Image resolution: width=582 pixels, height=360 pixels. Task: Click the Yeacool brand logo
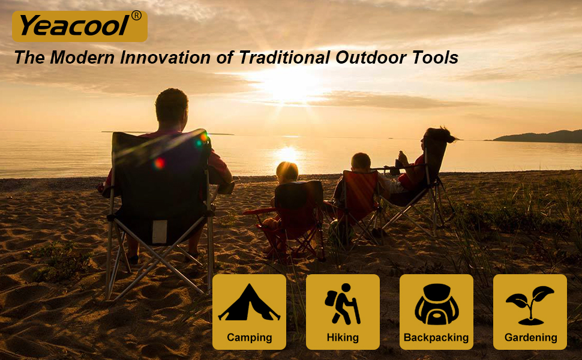pyautogui.click(x=79, y=26)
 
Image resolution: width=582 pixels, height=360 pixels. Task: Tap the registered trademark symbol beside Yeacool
pyautogui.click(x=136, y=16)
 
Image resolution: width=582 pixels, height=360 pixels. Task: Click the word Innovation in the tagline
pyautogui.click(x=166, y=58)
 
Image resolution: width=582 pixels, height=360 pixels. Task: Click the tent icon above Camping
pyautogui.click(x=249, y=302)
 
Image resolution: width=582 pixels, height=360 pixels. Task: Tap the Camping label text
pyautogui.click(x=250, y=337)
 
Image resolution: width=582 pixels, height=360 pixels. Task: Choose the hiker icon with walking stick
pyautogui.click(x=342, y=304)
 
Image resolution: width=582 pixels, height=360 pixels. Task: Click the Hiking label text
pyautogui.click(x=343, y=337)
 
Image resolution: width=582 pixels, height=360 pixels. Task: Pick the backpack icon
pyautogui.click(x=437, y=304)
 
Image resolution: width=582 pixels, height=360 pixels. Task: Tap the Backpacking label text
pyautogui.click(x=436, y=337)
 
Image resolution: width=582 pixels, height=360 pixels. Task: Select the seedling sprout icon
pyautogui.click(x=530, y=305)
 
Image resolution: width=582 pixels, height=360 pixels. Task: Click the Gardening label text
pyautogui.click(x=531, y=337)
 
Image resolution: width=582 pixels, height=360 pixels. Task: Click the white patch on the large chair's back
pyautogui.click(x=160, y=232)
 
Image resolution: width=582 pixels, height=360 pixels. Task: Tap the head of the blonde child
pyautogui.click(x=287, y=173)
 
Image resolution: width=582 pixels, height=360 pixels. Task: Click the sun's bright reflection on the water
pyautogui.click(x=287, y=154)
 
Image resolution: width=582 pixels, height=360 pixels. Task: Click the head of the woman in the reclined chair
pyautogui.click(x=438, y=137)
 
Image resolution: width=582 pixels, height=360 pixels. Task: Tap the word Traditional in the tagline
pyautogui.click(x=284, y=58)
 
